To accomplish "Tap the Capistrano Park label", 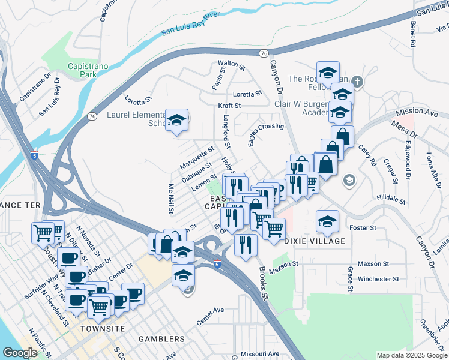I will coord(80,71).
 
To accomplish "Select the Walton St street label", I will coord(232,63).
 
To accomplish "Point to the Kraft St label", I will coord(229,106).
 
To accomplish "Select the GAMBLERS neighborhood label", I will coord(161,339).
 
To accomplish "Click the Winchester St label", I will coord(378,279).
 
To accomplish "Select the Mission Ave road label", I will coord(418,112).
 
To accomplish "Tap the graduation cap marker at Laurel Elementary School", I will coord(177,120).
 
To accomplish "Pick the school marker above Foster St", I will coord(327,221).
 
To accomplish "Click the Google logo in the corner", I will coord(20,353).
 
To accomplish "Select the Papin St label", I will coord(217,79).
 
